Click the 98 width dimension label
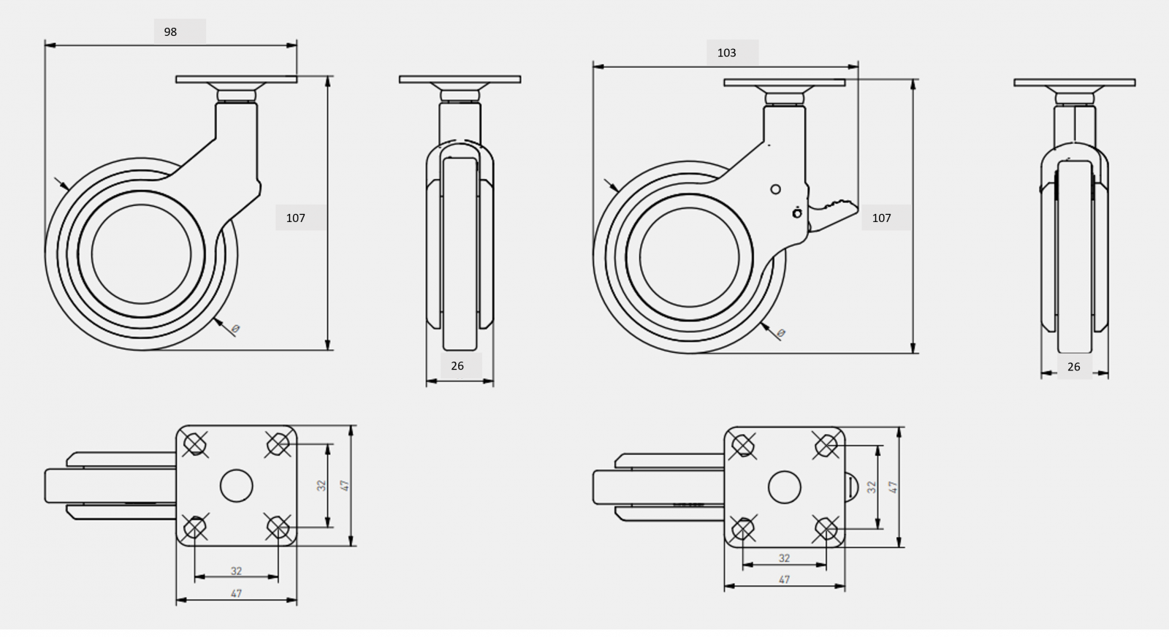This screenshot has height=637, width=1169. click(170, 32)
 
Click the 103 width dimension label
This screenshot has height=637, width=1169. click(726, 53)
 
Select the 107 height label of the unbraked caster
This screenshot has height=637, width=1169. click(295, 218)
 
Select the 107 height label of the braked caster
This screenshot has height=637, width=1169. click(881, 218)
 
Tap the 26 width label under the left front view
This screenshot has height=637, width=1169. click(457, 366)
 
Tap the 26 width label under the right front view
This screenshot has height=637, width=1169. click(1073, 367)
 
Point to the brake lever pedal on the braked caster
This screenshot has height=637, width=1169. click(833, 214)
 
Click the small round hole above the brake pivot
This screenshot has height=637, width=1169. click(775, 189)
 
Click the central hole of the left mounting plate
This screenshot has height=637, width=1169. click(237, 486)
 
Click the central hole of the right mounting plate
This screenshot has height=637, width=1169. click(785, 487)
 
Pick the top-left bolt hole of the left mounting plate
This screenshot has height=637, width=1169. click(194, 444)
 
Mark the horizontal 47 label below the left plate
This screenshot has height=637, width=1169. click(237, 593)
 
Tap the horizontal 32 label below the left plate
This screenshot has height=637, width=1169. click(237, 571)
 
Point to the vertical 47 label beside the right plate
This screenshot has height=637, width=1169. click(893, 487)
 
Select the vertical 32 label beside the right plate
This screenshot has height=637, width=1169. click(871, 487)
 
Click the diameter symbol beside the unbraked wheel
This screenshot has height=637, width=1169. click(235, 329)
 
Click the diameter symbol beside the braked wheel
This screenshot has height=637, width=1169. click(781, 333)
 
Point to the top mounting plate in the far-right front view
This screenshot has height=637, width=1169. click(1075, 83)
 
